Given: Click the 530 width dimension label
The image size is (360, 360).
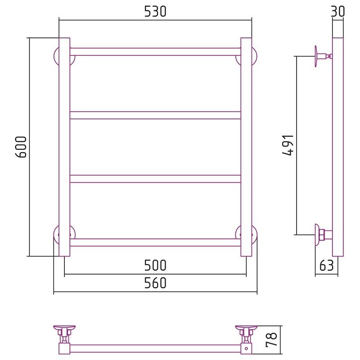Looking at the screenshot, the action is [x=155, y=12].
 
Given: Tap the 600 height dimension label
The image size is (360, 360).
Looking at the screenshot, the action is [x=21, y=147].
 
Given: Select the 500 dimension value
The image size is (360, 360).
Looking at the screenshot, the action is [x=155, y=265].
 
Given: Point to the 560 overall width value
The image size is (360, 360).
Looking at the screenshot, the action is [x=155, y=283].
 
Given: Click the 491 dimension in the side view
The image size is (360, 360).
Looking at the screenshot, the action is [x=288, y=145].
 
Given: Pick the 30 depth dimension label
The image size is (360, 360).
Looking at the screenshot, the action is [x=338, y=12].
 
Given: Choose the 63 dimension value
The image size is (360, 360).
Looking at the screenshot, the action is [x=327, y=265].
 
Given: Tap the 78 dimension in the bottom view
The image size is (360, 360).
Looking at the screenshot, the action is [x=271, y=340].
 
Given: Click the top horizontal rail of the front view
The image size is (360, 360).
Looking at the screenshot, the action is [x=155, y=52].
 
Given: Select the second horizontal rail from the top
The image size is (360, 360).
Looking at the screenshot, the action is [x=155, y=115].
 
